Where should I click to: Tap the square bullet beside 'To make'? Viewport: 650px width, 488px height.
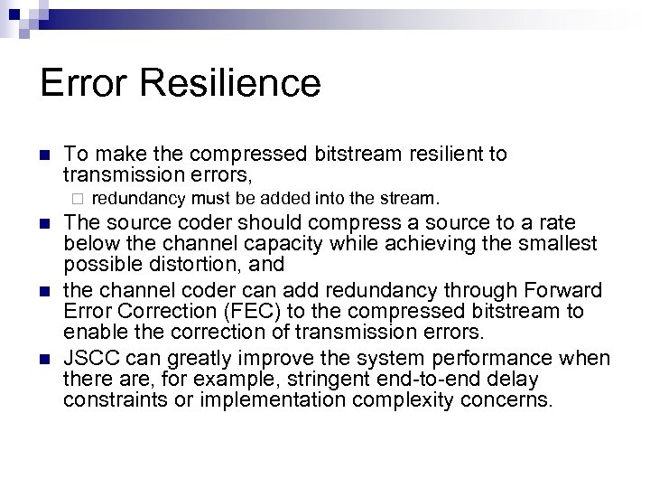[x=43, y=155]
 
